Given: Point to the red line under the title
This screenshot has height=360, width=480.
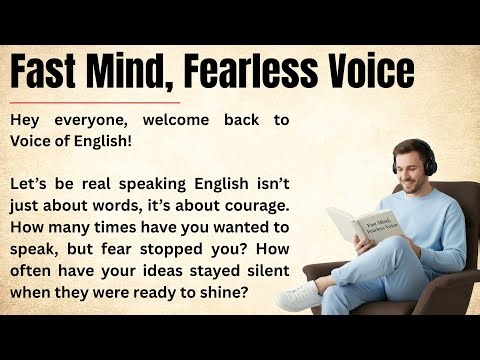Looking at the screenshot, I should click(94, 102).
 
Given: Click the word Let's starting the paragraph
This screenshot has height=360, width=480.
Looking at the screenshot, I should click(31, 186).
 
